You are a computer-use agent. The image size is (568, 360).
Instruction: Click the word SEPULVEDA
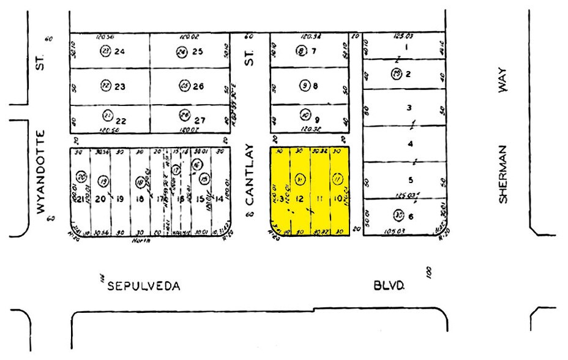click(144, 286)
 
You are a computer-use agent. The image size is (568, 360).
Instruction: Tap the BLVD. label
click(389, 285)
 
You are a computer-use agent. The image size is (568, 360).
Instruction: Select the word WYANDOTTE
click(42, 172)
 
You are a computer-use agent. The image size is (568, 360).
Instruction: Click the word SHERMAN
click(503, 174)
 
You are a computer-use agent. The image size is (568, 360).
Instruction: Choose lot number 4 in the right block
click(410, 144)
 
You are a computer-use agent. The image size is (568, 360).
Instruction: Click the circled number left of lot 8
click(304, 86)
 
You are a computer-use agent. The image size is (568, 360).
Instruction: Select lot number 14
click(220, 198)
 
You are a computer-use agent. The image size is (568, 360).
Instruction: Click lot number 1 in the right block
click(405, 47)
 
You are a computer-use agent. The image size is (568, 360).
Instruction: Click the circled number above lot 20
click(103, 181)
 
